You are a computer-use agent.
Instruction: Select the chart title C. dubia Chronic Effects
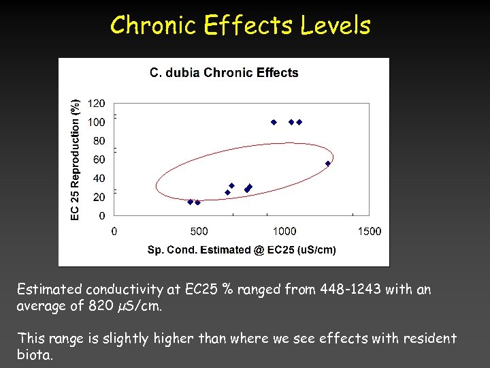tap(224, 73)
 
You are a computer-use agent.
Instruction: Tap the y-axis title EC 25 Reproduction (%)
tap(76, 159)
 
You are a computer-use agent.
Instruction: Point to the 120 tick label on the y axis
tap(97, 104)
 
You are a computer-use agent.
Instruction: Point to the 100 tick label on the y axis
tap(97, 123)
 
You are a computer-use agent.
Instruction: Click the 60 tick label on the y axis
tap(99, 159)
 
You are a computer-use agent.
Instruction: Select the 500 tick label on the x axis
tap(199, 232)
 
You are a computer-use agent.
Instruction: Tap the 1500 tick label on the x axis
tap(369, 232)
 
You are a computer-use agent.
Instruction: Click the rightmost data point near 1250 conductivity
tap(327, 164)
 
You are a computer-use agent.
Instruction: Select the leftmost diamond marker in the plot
tap(190, 202)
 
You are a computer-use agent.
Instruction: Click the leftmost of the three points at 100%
tap(274, 122)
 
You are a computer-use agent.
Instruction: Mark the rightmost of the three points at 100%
tap(299, 122)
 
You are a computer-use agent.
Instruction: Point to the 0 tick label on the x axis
tap(114, 232)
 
